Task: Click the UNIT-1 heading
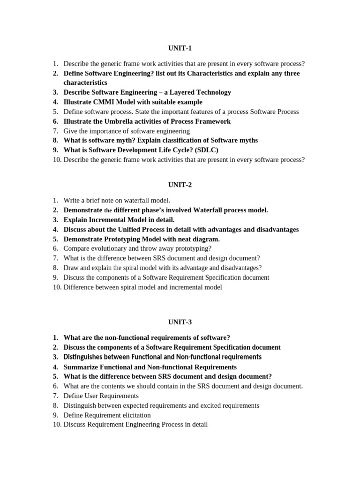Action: pos(180,48)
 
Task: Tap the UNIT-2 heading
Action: pos(180,185)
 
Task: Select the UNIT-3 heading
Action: pos(180,322)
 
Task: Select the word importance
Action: pos(102,131)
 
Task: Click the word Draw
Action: pos(71,268)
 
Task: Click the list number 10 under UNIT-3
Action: pos(57,425)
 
